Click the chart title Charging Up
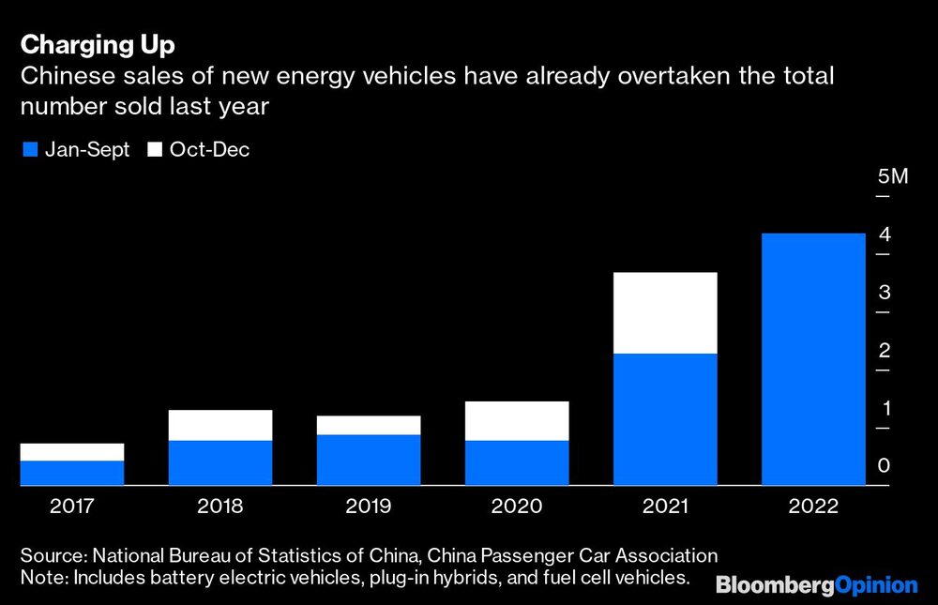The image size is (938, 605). click(x=97, y=44)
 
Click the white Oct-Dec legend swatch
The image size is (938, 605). click(x=155, y=149)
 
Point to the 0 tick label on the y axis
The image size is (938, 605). click(x=884, y=466)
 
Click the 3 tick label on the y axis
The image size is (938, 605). click(x=884, y=293)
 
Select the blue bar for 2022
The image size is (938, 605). click(x=812, y=359)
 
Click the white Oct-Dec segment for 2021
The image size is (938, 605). click(x=664, y=312)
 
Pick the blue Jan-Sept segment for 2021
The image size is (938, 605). click(x=664, y=419)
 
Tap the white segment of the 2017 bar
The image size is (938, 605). click(x=72, y=452)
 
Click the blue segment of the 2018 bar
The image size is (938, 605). click(x=220, y=462)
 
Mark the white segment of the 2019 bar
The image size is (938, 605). click(x=369, y=425)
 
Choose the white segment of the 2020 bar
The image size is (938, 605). click(x=517, y=420)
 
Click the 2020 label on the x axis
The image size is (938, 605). click(x=517, y=507)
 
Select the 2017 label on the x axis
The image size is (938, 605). click(x=72, y=507)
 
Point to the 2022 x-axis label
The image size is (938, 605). click(x=812, y=507)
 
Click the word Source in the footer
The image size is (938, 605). click(x=52, y=555)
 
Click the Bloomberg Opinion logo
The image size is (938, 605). click(x=816, y=585)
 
